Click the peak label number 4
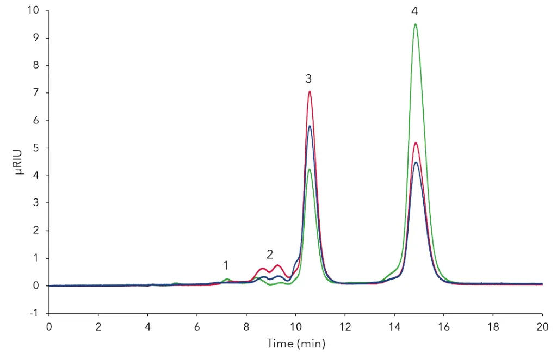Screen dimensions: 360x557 pos(416,10)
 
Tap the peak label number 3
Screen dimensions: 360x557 pos(308,79)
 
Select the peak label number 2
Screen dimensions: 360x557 pos(269,254)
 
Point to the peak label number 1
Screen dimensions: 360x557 pos(226,265)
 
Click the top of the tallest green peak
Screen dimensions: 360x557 pos(416,24)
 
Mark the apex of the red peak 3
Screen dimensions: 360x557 pos(310,91)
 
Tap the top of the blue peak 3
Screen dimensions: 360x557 pos(310,126)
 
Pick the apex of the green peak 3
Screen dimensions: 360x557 pos(309,169)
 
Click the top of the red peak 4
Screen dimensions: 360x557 pos(416,143)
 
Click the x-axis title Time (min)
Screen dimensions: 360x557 pos(295,343)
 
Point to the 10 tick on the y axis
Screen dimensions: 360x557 pos(34,10)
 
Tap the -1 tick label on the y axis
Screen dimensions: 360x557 pos(35,313)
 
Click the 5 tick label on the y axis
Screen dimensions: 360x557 pos(36,148)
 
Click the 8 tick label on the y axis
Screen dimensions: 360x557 pos(36,65)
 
